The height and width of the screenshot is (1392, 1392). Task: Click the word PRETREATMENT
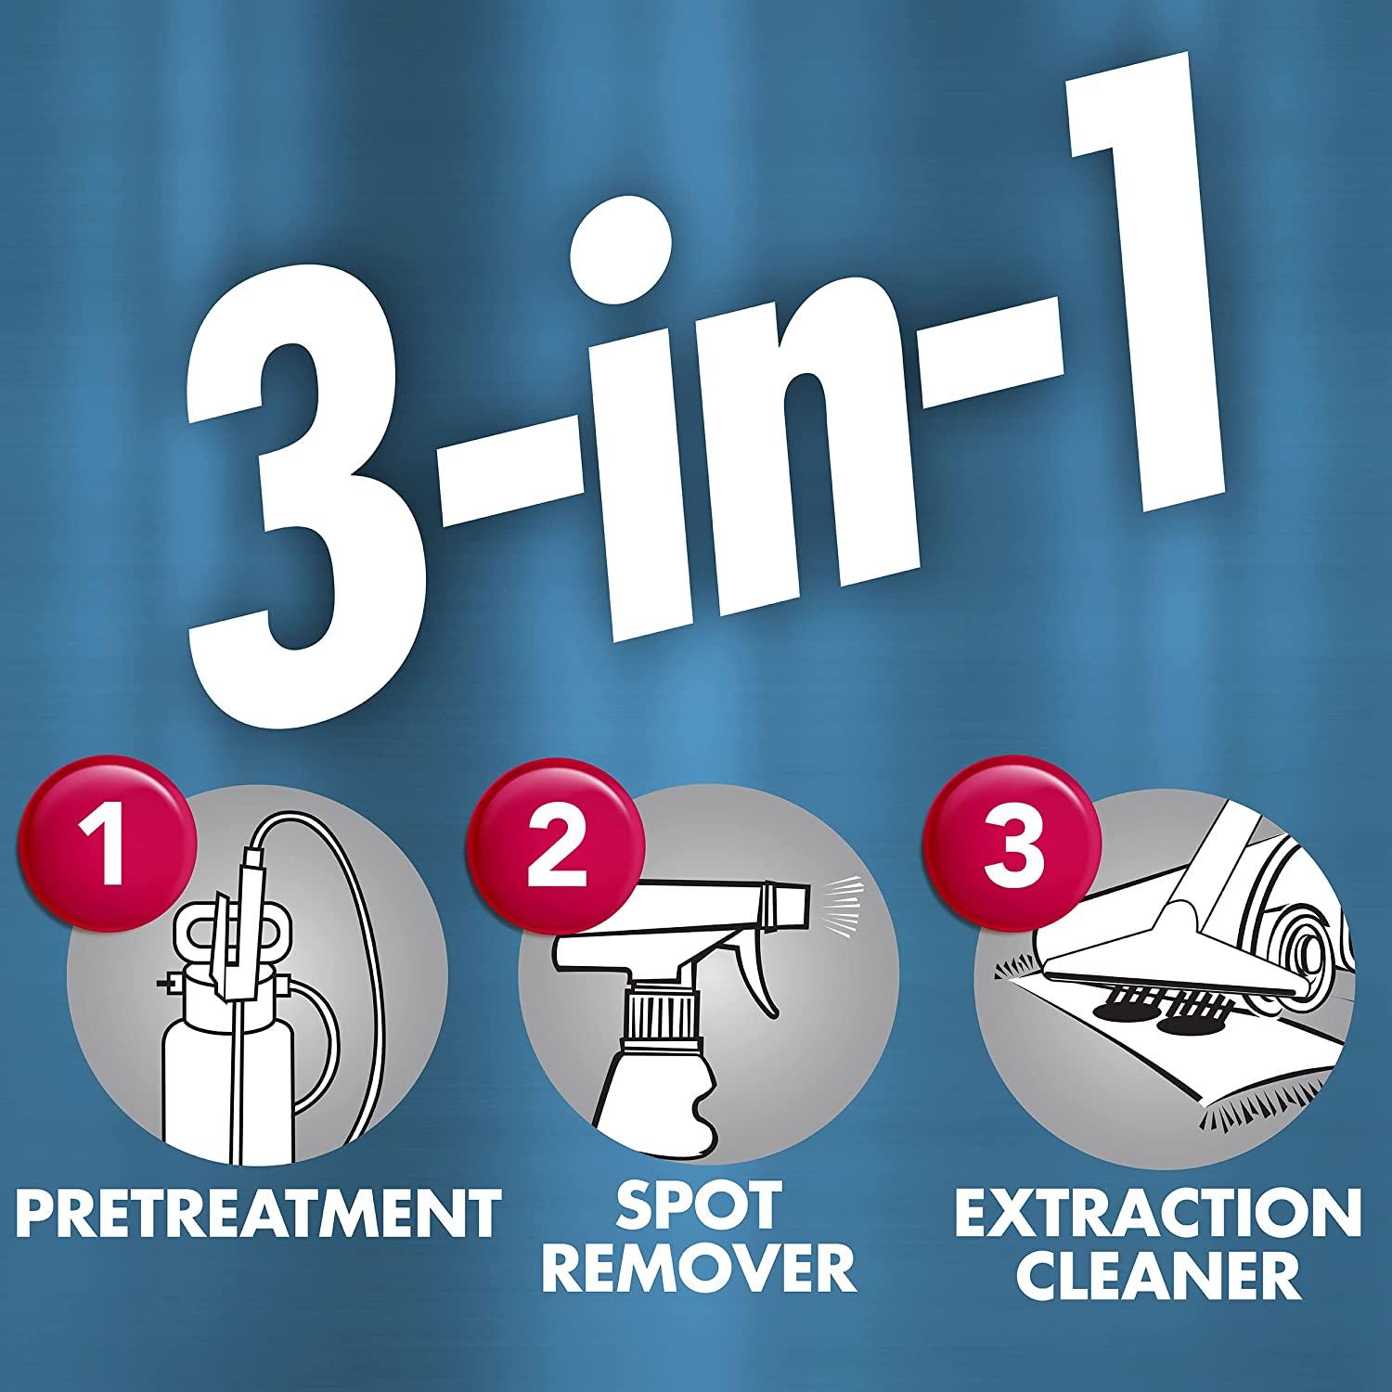[258, 1208]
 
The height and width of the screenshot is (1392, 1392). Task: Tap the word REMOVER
[710, 1269]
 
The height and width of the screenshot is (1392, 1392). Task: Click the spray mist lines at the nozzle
[834, 896]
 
